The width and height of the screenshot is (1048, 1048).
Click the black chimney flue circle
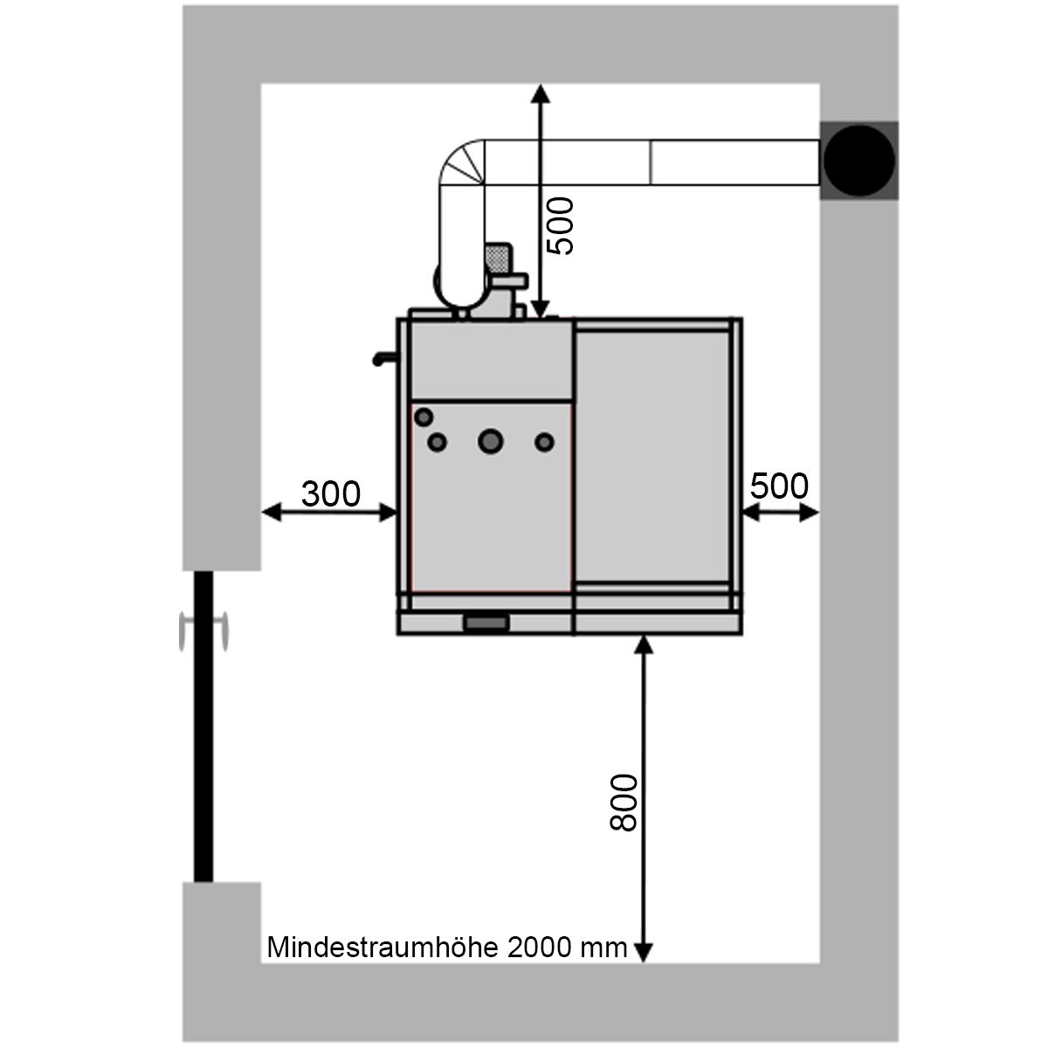coord(858,161)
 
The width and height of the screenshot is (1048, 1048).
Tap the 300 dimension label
coord(331,493)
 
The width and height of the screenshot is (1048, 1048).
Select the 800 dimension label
coord(624,803)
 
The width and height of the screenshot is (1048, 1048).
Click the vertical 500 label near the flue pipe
coord(560,225)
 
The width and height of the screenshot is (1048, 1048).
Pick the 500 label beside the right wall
coord(779,486)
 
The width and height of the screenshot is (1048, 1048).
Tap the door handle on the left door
coord(203,631)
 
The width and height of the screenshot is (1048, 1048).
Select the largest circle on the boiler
coord(491,441)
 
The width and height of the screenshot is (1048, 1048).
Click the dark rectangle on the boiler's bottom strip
coord(486,624)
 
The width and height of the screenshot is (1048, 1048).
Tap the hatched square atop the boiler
coord(498,258)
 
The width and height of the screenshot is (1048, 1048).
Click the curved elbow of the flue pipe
coord(461,162)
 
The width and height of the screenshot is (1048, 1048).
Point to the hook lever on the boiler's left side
coord(384,358)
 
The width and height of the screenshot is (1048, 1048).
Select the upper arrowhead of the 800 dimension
coord(644,645)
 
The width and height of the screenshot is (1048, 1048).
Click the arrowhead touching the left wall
coord(272,513)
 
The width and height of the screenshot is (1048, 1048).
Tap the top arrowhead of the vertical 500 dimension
coord(540,93)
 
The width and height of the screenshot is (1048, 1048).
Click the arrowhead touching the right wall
coord(809,513)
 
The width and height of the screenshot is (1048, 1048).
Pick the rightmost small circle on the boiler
coord(544,442)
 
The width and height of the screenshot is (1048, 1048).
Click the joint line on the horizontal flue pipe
coord(650,162)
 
